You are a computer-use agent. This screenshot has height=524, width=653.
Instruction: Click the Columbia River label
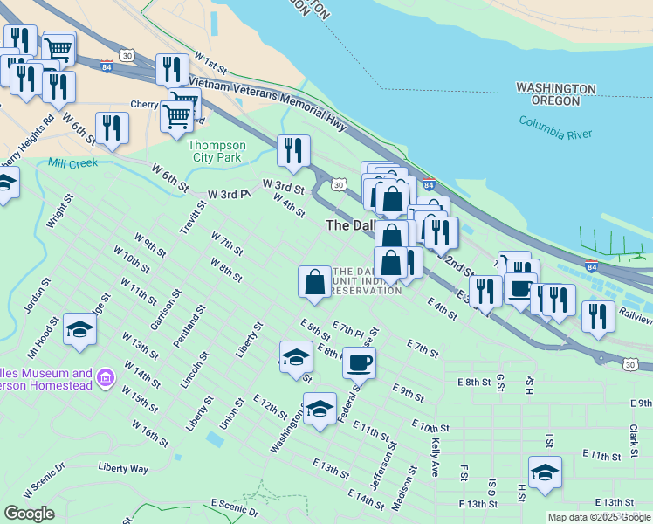555,128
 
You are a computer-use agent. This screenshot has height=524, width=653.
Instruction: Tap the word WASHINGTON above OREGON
555,89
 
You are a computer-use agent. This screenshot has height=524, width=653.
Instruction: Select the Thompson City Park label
217,152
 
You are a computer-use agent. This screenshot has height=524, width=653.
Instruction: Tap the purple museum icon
105,377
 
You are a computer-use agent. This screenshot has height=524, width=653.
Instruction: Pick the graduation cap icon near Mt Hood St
79,329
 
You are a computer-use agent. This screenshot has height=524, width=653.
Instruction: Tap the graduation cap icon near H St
545,472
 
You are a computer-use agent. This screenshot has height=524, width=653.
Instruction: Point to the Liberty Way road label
123,468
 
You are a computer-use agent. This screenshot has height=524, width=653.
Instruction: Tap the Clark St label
635,433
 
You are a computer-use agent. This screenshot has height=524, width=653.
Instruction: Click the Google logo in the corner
29,513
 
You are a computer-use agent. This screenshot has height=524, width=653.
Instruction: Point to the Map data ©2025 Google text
598,517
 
